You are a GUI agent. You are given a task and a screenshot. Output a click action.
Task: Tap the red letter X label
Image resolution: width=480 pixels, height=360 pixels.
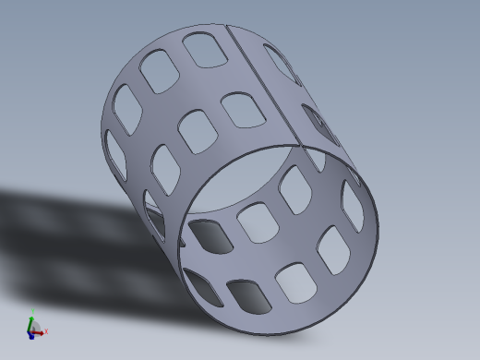point(46,330)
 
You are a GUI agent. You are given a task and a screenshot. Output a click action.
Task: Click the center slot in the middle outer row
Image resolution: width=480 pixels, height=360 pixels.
point(198,130)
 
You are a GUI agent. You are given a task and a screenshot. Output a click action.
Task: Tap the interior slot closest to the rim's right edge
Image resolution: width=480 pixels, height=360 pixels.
point(353,205)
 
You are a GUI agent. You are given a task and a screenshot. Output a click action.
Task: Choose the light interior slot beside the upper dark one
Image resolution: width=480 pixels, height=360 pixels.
point(256,222)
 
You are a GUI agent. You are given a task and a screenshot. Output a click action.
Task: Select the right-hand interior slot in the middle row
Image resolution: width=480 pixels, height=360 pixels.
point(334,249)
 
